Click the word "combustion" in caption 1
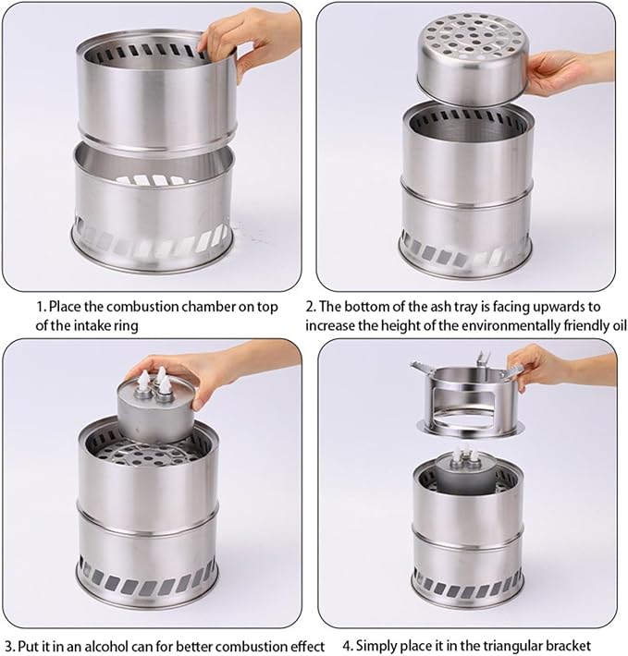pos(131,307)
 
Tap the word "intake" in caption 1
pos(93,325)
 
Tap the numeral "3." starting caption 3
pos(10,646)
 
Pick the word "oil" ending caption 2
pos(618,325)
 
